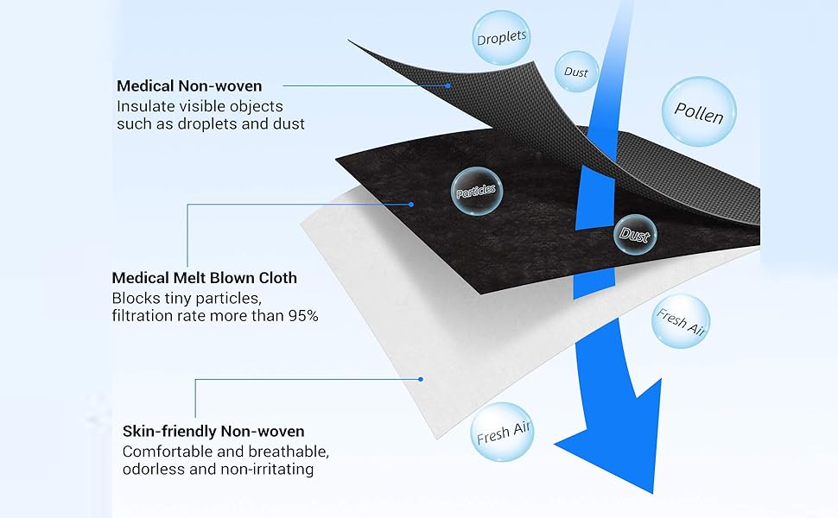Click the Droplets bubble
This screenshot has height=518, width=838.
point(502,38)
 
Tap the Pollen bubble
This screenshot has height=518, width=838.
point(698,111)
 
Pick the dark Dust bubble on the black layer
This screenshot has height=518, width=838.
point(635,233)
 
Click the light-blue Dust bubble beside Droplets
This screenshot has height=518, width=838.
point(576,73)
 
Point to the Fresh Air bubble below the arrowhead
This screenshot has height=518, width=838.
point(505,431)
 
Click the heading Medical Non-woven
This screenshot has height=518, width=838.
point(189,86)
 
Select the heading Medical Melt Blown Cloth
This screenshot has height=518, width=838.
point(204,278)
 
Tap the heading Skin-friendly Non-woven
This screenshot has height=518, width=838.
point(213,432)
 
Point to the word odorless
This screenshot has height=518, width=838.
point(152,470)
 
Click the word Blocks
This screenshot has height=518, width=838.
point(134,298)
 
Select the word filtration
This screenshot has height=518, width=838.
point(143,316)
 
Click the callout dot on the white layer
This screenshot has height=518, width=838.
point(421,378)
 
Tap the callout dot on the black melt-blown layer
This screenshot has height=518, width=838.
point(411,205)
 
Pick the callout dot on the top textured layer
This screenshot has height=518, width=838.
point(449,85)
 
